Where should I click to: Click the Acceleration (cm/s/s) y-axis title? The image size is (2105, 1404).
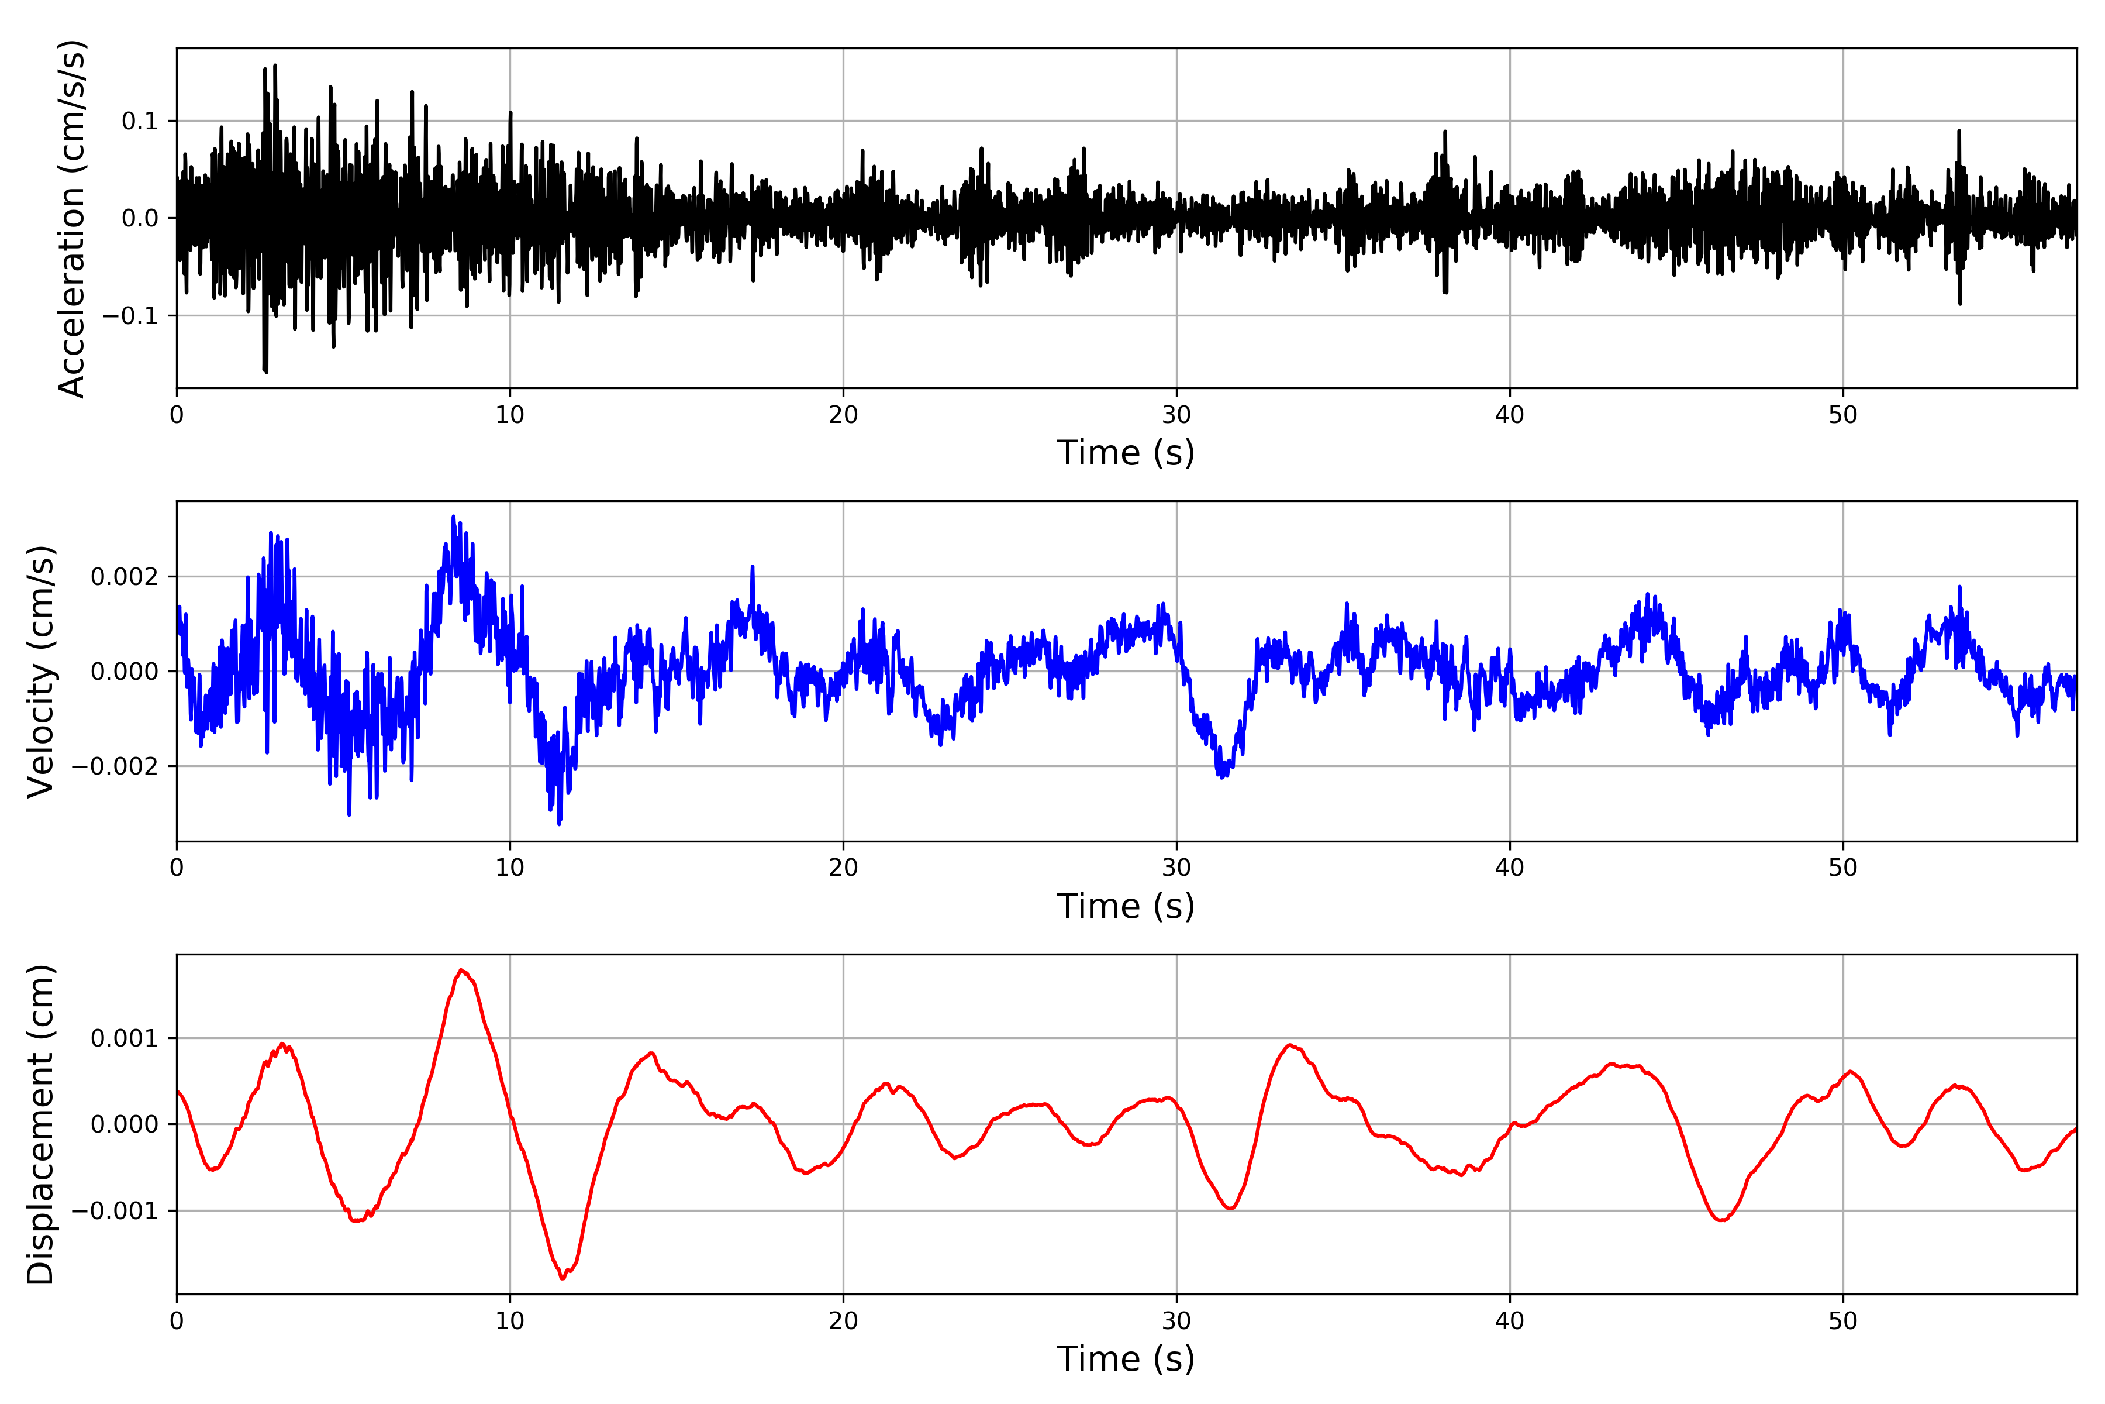click(71, 218)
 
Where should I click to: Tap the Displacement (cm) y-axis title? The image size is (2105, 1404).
click(41, 1124)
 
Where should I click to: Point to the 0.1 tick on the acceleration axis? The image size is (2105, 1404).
click(140, 121)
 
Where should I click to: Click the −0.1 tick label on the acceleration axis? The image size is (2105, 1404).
click(130, 316)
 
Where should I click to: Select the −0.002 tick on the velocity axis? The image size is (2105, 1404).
click(115, 766)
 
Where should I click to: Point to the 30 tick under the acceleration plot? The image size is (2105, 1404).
click(1176, 415)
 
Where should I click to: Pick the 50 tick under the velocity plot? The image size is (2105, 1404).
click(1843, 868)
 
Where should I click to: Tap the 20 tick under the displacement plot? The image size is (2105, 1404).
click(843, 1321)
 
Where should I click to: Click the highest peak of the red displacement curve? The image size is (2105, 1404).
click(461, 971)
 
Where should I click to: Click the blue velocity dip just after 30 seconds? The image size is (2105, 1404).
click(1223, 776)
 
